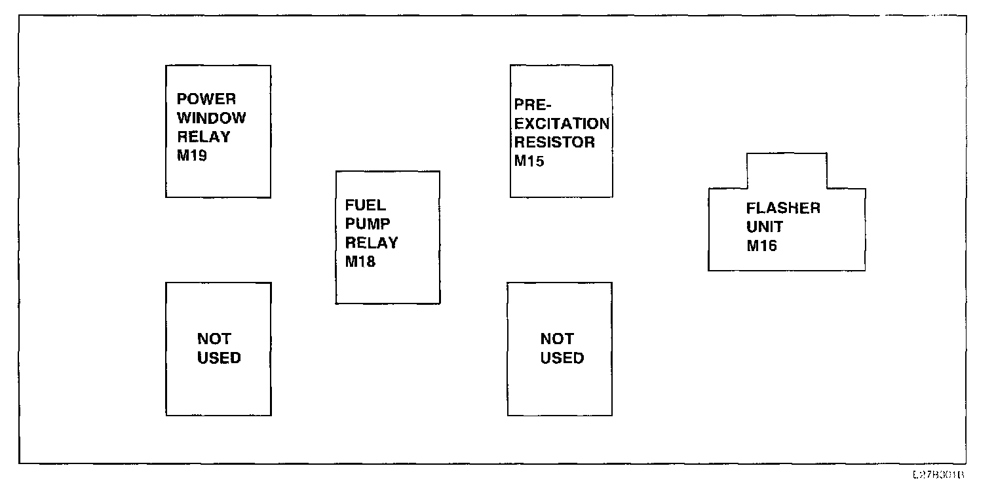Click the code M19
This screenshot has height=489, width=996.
click(x=192, y=156)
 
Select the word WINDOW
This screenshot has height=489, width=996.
click(x=212, y=118)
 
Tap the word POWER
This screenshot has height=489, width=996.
click(x=206, y=99)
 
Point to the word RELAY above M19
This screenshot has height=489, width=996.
click(x=204, y=137)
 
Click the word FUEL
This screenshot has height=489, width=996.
click(x=366, y=205)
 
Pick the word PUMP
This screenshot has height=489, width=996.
click(x=368, y=224)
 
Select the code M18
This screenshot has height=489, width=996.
click(x=360, y=262)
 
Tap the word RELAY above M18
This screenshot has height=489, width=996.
click(x=372, y=243)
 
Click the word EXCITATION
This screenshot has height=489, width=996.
click(x=562, y=123)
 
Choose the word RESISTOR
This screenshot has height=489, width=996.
click(x=554, y=142)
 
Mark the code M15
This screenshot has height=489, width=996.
click(x=529, y=161)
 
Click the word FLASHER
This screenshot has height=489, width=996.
click(x=783, y=208)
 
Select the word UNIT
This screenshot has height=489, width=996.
click(x=765, y=227)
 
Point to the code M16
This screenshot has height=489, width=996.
click(x=761, y=246)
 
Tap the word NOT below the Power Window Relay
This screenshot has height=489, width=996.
click(x=214, y=339)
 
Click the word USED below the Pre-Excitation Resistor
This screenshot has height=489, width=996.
click(x=562, y=358)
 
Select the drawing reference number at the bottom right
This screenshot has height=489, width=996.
click(x=938, y=475)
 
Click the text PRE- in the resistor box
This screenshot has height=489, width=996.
click(x=533, y=105)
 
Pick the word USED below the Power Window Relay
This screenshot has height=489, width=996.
click(x=219, y=358)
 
